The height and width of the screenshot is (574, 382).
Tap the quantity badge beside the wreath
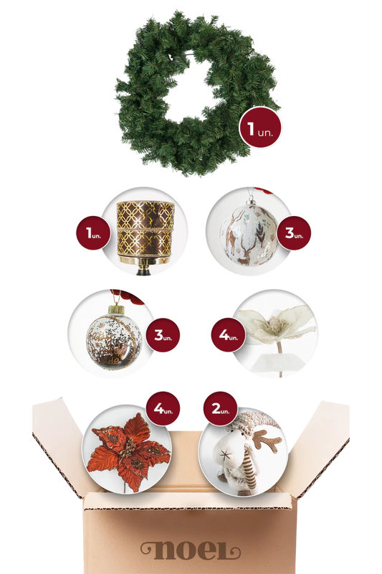click(x=260, y=128)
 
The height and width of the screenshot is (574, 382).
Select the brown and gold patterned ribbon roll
click(x=145, y=227)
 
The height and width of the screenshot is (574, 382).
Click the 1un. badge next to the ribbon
click(x=93, y=232)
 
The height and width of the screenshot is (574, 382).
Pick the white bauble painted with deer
click(x=249, y=235)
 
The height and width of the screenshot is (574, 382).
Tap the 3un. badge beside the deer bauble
click(x=294, y=232)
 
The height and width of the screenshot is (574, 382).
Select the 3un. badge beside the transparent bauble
click(x=163, y=335)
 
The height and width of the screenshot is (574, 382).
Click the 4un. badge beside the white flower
click(x=228, y=334)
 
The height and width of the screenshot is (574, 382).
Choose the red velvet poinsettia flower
click(x=128, y=452)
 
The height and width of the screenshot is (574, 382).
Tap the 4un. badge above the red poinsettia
click(x=163, y=408)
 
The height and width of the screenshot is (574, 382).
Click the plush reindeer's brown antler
click(x=267, y=440)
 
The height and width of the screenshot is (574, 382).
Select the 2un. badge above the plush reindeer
click(x=221, y=408)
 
